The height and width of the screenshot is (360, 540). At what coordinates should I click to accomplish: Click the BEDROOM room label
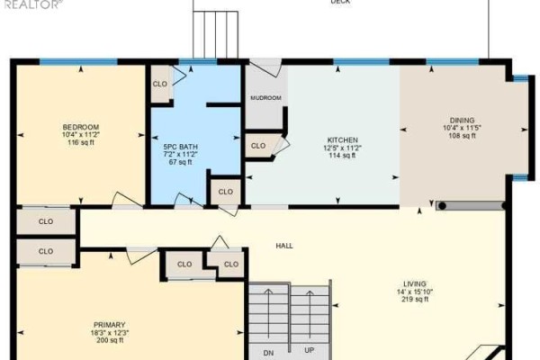point(81,127)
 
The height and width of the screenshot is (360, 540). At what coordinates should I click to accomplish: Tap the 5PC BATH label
point(181,147)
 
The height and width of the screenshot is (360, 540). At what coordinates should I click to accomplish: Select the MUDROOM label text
point(265,98)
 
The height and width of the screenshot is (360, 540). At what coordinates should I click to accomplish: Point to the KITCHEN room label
point(342,140)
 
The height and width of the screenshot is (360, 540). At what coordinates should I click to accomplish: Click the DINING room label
point(463,121)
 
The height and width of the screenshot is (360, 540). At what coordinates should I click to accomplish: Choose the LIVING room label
point(415,283)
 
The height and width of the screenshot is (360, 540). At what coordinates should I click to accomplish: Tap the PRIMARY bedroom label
point(110,325)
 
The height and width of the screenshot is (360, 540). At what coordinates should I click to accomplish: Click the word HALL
point(284,246)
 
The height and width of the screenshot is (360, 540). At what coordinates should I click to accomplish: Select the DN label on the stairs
point(268,353)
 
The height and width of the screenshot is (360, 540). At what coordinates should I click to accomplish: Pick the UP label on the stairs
point(310,350)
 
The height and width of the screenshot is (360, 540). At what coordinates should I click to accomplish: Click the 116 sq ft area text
point(81,142)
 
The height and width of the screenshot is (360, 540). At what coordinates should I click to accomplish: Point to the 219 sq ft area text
point(415,299)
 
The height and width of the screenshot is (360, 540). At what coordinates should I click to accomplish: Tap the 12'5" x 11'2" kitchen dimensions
point(342,148)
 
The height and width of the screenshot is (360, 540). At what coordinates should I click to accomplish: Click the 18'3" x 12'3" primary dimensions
point(110,332)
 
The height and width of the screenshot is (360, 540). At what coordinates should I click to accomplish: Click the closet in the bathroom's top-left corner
point(161,84)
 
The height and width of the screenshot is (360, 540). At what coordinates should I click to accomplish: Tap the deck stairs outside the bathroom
point(216,35)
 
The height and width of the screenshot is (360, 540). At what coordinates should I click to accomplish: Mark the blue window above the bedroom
point(78,62)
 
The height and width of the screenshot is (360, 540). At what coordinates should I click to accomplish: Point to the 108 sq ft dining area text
point(463,135)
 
